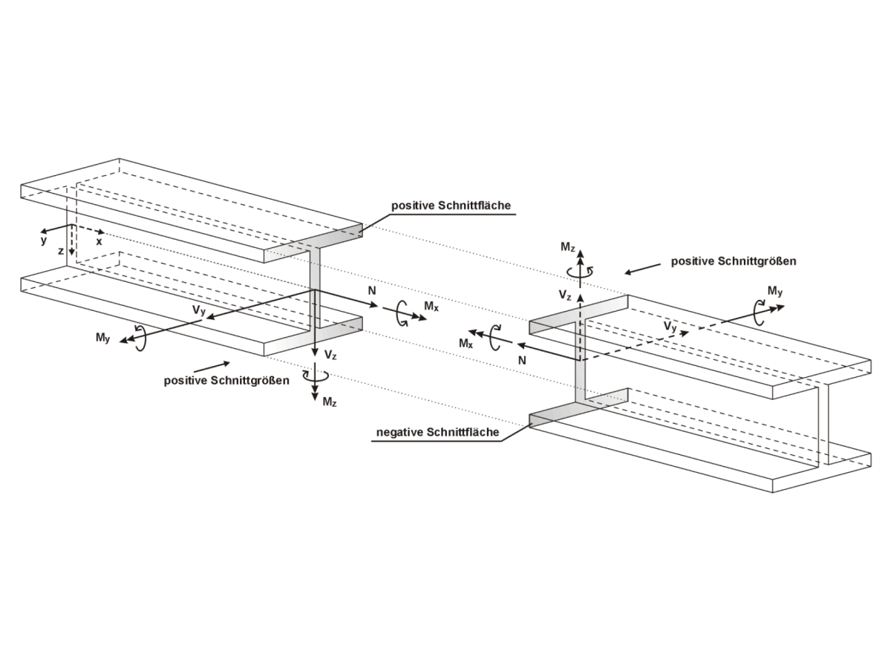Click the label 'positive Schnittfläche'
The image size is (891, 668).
point(451,206)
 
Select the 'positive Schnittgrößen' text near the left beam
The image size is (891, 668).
point(226,381)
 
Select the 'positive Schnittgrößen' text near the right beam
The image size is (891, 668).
point(734,261)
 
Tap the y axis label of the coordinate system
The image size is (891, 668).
point(44,240)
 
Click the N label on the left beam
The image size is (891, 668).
point(371,292)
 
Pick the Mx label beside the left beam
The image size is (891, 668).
point(431,305)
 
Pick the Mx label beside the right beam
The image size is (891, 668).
point(466,344)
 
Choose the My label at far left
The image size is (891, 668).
point(103,338)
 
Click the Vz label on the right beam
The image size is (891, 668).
point(565,296)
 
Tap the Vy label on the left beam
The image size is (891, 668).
point(199,311)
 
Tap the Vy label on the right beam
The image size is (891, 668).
point(670,325)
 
